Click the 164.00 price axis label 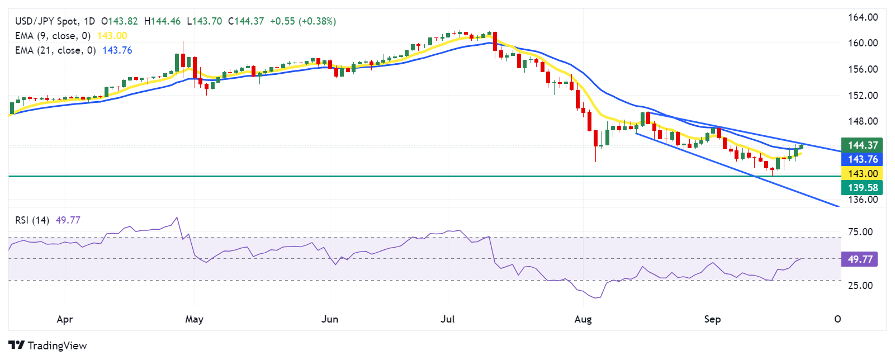(863, 17)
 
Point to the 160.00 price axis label (863, 43)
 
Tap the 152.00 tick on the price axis (863, 96)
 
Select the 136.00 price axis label (863, 200)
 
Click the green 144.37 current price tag (862, 145)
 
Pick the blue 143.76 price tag (862, 159)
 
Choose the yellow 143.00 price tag (862, 174)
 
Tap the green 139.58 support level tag (862, 188)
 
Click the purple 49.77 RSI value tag (860, 259)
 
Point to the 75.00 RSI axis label (860, 232)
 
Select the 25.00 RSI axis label (860, 286)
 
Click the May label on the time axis (194, 319)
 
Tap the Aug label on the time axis (583, 319)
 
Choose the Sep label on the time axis (712, 319)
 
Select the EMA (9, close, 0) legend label (53, 36)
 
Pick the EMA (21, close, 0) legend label (55, 50)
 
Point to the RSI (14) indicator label (32, 220)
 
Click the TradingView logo (48, 345)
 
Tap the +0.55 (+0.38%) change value (303, 21)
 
